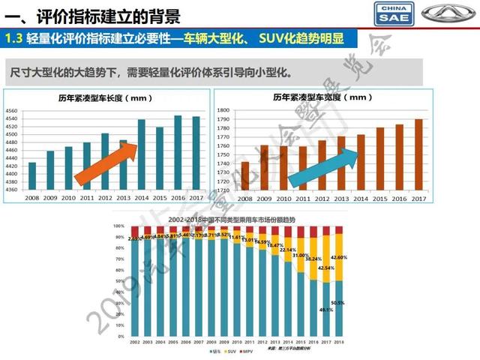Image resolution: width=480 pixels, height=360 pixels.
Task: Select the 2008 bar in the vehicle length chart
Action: [x=31, y=176]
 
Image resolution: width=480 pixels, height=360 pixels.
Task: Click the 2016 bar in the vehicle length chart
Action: [x=178, y=153]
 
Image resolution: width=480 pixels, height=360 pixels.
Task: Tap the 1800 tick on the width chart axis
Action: [x=223, y=110]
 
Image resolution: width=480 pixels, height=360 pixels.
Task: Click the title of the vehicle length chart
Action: [x=104, y=97]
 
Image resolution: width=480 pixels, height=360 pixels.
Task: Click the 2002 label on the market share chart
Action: [x=133, y=342]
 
